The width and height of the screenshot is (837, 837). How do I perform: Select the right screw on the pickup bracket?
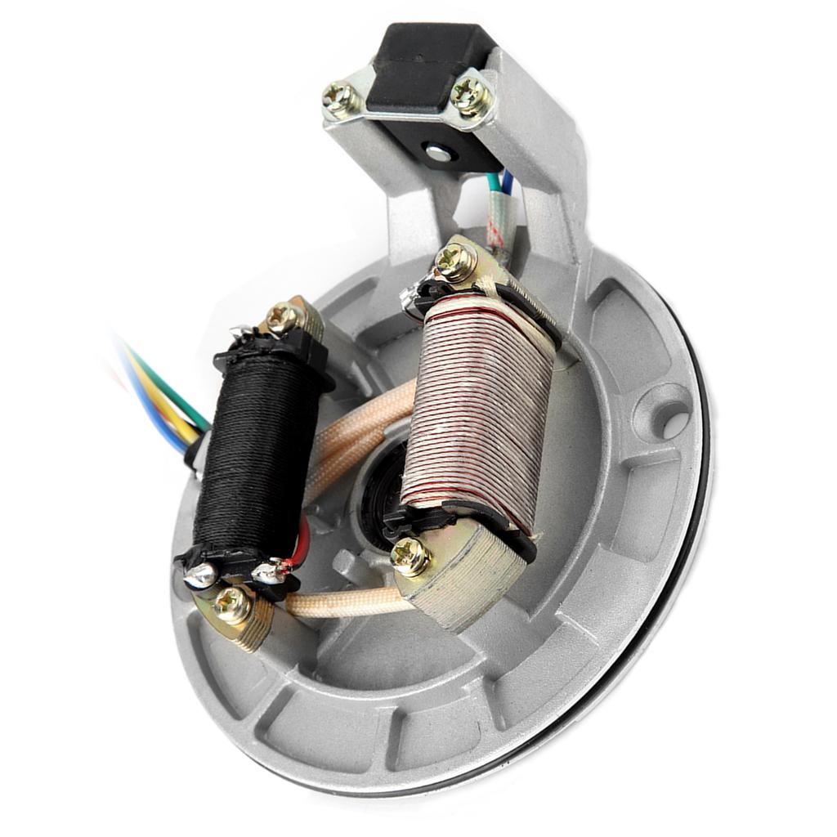(x=472, y=96)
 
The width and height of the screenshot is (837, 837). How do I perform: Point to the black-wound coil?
(x=255, y=458)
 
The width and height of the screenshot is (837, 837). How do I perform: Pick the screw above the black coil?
(x=284, y=316)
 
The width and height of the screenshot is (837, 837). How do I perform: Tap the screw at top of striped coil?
(x=454, y=262)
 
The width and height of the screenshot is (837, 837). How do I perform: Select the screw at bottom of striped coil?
(x=410, y=557)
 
